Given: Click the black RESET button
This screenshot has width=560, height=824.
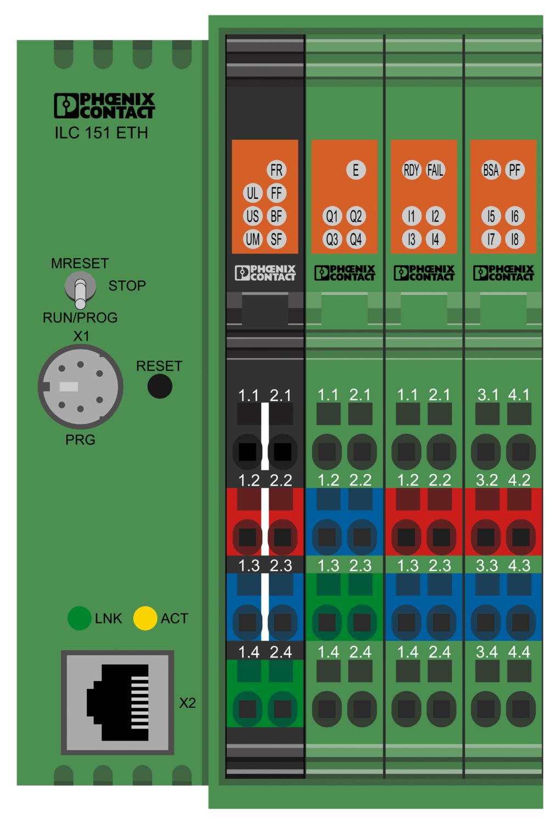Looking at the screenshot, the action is pyautogui.click(x=160, y=386).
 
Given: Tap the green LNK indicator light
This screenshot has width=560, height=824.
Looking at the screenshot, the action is pyautogui.click(x=80, y=619).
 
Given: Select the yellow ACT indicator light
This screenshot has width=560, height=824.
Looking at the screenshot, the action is pyautogui.click(x=145, y=619).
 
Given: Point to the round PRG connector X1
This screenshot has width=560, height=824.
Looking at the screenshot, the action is pyautogui.click(x=81, y=387).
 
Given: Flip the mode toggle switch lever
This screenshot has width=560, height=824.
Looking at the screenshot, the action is pyautogui.click(x=81, y=293).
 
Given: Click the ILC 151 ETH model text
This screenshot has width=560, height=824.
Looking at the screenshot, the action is pyautogui.click(x=102, y=133).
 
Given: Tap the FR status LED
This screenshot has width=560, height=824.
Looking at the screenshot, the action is pyautogui.click(x=277, y=170).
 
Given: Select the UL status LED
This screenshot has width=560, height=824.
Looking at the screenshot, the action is pyautogui.click(x=253, y=193).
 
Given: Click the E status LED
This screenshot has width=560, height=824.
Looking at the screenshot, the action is pyautogui.click(x=356, y=170).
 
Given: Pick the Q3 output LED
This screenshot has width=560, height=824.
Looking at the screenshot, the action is pyautogui.click(x=332, y=240).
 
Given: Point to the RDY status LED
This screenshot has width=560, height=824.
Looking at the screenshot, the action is pyautogui.click(x=411, y=170).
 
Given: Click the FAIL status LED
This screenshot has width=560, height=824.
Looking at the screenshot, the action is pyautogui.click(x=435, y=170).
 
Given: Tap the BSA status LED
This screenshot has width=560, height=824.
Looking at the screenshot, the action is pyautogui.click(x=491, y=170).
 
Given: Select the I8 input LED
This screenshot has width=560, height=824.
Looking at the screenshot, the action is pyautogui.click(x=515, y=240).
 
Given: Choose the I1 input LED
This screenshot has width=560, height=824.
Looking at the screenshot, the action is pyautogui.click(x=411, y=216).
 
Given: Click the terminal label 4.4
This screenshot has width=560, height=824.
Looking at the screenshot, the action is pyautogui.click(x=519, y=652).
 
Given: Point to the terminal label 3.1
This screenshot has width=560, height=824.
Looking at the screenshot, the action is pyautogui.click(x=488, y=395).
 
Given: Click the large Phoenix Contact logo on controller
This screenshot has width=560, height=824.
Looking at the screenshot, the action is pyautogui.click(x=104, y=105).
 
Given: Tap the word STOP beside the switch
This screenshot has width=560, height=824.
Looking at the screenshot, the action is pyautogui.click(x=127, y=286).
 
